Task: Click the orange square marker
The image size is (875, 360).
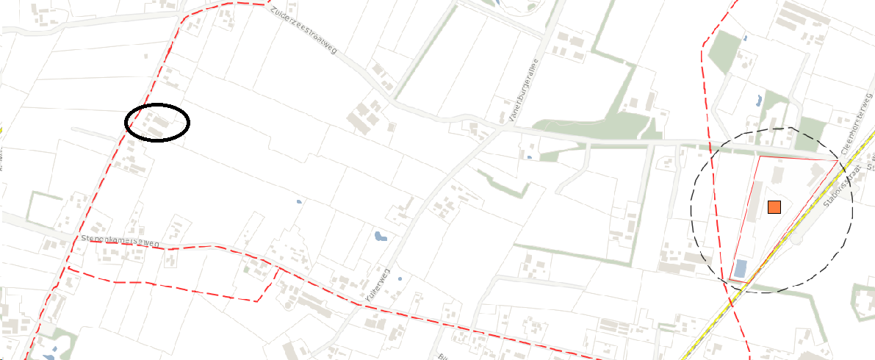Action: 774,207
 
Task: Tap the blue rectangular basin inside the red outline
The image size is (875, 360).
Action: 741,270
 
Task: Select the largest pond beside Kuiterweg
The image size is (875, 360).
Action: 380,237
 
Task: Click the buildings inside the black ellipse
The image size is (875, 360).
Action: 157,122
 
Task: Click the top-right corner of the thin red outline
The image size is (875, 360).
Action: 839,159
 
